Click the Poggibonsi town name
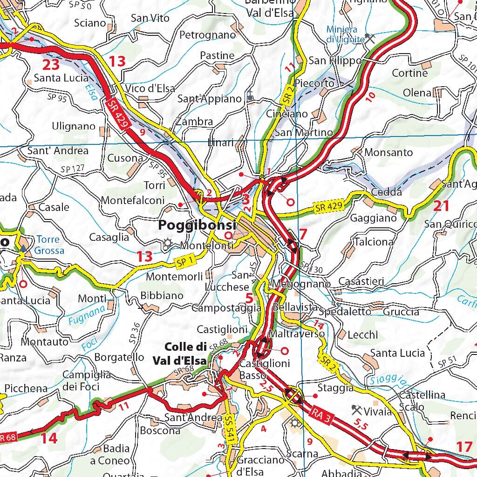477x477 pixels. click(197, 225)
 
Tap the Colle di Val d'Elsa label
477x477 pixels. click(185, 354)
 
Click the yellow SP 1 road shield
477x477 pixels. click(185, 262)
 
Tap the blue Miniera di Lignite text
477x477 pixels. click(345, 34)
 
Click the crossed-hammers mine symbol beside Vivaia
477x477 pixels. click(357, 410)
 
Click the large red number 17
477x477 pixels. click(464, 447)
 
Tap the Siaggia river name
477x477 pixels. click(386, 382)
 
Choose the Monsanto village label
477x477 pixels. click(388, 152)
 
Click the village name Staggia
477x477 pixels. click(335, 388)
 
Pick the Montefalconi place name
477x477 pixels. click(133, 200)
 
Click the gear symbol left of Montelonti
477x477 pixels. click(167, 243)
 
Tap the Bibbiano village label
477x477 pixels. click(162, 295)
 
